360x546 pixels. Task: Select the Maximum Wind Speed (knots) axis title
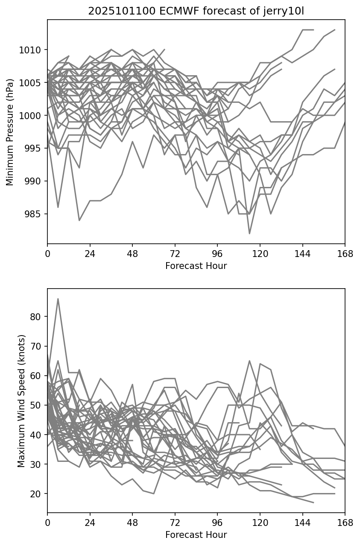pyautogui.click(x=21, y=400)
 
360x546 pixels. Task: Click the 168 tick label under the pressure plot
pyautogui.click(x=345, y=254)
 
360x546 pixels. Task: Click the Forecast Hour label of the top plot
pyautogui.click(x=196, y=266)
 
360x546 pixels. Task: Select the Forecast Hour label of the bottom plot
pyautogui.click(x=196, y=534)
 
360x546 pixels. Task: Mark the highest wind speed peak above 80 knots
pyautogui.click(x=58, y=299)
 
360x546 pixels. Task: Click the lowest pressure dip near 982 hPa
pyautogui.click(x=249, y=234)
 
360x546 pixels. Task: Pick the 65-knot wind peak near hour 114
pyautogui.click(x=249, y=361)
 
